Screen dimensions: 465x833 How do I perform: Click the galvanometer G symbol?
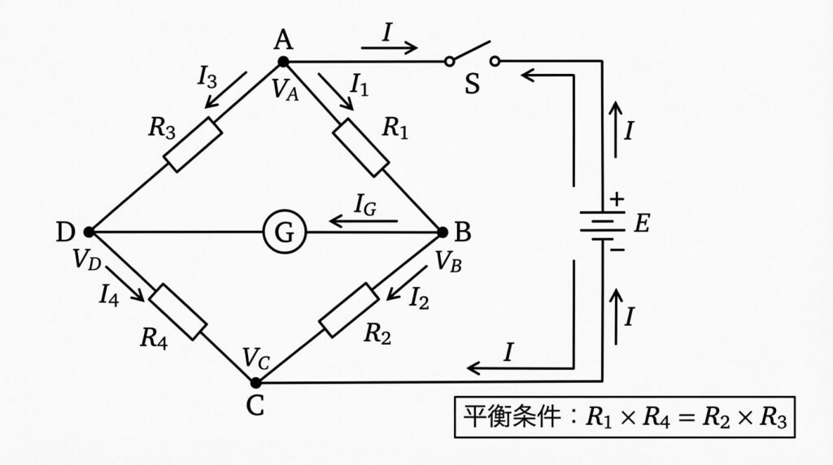pos(284,233)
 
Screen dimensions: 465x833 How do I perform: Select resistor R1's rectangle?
pos(362,147)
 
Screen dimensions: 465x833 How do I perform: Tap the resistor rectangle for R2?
pos(349,310)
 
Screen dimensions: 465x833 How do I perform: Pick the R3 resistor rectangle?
pos(193,145)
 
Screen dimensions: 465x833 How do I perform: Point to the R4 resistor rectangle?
pos(179,311)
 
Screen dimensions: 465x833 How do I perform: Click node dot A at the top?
pos(283,61)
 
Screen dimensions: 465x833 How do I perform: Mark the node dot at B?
pos(443,232)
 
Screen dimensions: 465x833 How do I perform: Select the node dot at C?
pos(255,383)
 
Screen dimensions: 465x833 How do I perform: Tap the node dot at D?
pos(89,232)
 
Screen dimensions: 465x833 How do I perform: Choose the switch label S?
pos(472,85)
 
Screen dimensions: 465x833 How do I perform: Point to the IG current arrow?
pos(363,220)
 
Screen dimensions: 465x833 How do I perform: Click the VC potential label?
pos(254,359)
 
